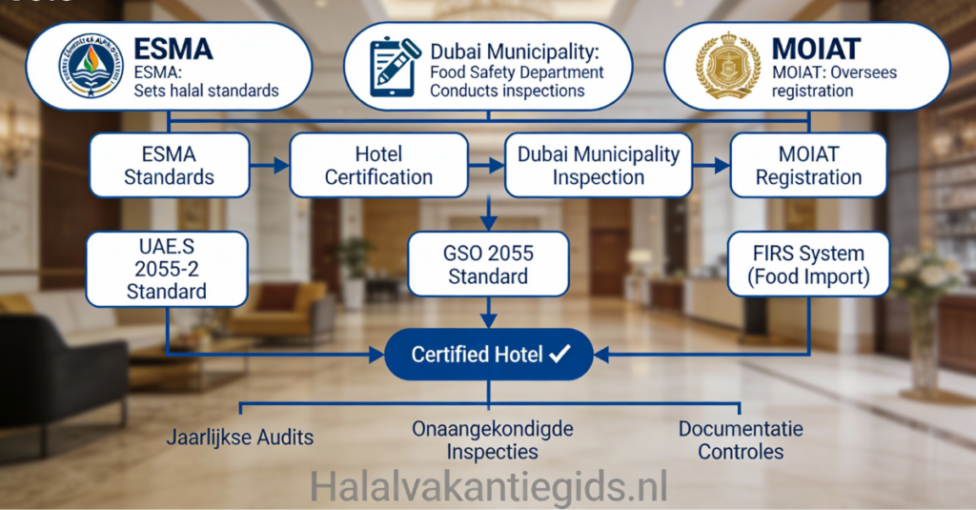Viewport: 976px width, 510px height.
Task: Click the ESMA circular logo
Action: click(91, 67)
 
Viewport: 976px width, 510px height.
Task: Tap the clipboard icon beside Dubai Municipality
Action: click(396, 67)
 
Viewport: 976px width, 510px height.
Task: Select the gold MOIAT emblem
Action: click(728, 67)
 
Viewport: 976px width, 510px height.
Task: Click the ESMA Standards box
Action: click(169, 165)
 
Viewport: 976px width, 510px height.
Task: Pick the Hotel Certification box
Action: click(378, 165)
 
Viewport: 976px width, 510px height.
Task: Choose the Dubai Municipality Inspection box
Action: click(599, 165)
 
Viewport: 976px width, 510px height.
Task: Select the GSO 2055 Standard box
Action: click(488, 265)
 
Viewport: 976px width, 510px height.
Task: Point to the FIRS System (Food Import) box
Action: click(808, 266)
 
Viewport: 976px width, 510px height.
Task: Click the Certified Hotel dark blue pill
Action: click(488, 355)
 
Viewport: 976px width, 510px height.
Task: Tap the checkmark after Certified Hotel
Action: click(560, 355)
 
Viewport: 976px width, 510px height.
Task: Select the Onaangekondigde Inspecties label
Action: click(493, 440)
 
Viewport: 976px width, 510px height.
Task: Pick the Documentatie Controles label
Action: click(741, 440)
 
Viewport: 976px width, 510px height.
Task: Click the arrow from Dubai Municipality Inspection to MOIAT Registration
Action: click(711, 166)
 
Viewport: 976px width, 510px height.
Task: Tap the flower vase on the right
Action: click(923, 315)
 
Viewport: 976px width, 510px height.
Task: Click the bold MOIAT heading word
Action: click(817, 50)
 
